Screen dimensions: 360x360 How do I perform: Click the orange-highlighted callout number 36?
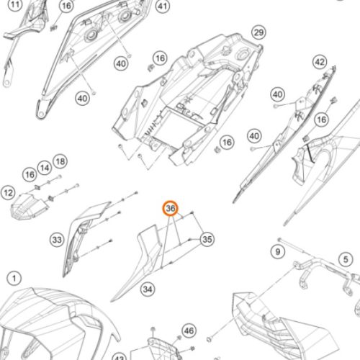pos(171,208)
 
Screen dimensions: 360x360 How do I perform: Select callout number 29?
pos(258,32)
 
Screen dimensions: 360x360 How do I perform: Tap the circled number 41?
pos(163,6)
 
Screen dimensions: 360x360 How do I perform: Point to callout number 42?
pos(320,62)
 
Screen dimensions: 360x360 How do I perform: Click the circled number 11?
pos(15,4)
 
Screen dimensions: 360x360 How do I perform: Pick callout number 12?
pos(8,193)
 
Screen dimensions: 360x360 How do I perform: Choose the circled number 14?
pos(45,168)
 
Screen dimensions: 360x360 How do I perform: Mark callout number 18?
pos(60,161)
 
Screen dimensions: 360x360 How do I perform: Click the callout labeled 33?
pos(57,240)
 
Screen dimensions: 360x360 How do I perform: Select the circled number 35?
pos(207,239)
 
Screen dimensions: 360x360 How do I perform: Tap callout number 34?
pos(148,289)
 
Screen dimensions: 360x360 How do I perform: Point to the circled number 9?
pos(278,252)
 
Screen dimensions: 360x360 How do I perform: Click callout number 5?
pos(346,259)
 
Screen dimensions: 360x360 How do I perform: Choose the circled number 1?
pos(14,279)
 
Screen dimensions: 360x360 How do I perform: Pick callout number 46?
pos(189,330)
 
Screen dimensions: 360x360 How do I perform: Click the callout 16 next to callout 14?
pos(30,174)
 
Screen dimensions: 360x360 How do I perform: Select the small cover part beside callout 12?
pos(29,207)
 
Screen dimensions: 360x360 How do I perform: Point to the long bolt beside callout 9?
pos(291,246)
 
